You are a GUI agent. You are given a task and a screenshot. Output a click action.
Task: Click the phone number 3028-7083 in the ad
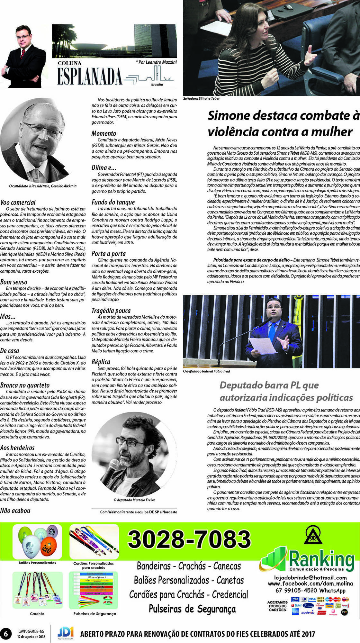pyautogui.click(x=189, y=539)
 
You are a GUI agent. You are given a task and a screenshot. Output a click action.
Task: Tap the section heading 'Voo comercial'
pyautogui.click(x=18, y=203)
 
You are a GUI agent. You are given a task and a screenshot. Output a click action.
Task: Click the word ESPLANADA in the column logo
pyautogui.click(x=90, y=77)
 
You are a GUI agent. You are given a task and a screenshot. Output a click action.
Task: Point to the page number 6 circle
pyautogui.click(x=5, y=633)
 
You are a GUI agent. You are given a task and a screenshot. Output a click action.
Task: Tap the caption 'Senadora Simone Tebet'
pyautogui.click(x=201, y=99)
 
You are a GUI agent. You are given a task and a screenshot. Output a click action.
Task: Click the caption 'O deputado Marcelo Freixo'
pyautogui.click(x=134, y=500)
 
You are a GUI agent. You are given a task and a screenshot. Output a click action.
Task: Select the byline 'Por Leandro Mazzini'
pyautogui.click(x=157, y=62)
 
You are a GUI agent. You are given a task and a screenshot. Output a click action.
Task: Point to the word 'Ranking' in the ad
pyautogui.click(x=321, y=559)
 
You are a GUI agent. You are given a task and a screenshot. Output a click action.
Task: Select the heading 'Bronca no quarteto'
pyautogui.click(x=25, y=385)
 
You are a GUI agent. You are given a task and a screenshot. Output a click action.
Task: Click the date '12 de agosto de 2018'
pyautogui.click(x=31, y=637)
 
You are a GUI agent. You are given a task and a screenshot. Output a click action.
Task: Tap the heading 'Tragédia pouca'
pyautogui.click(x=111, y=311)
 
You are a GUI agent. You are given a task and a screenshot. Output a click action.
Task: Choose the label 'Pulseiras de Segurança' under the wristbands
pyautogui.click(x=94, y=614)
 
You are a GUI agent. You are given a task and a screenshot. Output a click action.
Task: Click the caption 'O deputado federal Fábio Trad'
pyautogui.click(x=206, y=371)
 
